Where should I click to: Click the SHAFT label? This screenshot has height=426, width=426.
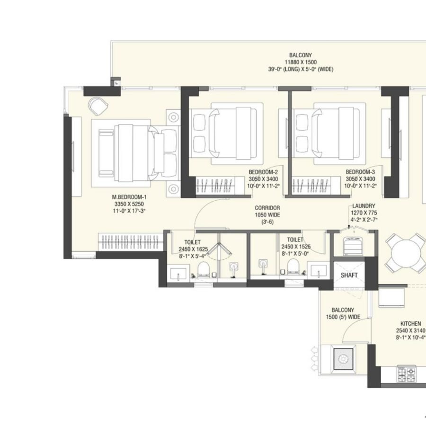click(349, 275)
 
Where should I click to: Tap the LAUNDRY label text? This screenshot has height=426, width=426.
click(364, 206)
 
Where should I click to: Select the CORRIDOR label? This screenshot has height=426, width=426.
click(267, 208)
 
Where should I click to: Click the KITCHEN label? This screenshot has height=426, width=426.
click(410, 324)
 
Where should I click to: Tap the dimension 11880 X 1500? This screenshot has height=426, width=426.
click(301, 62)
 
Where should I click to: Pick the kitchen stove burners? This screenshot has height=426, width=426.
click(406, 375)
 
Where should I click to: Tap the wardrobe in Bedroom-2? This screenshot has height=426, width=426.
click(216, 184)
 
